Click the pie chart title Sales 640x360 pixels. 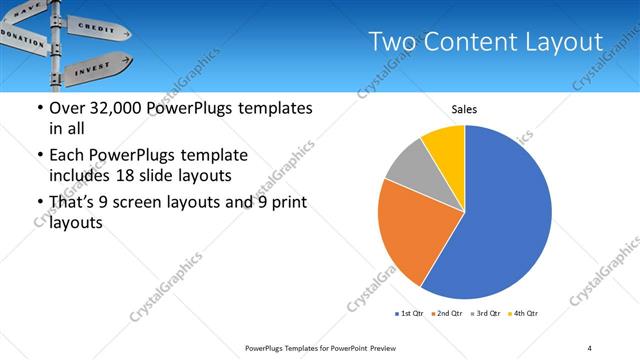coord(465,110)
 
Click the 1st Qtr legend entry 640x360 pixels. coord(408,314)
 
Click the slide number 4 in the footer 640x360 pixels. coord(590,347)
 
